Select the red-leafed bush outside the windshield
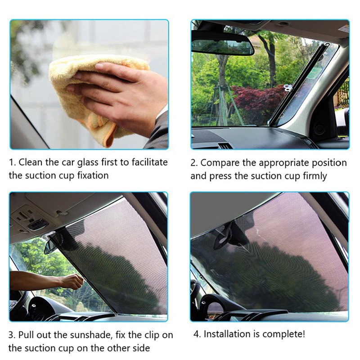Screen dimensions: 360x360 257,101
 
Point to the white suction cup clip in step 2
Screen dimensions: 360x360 288,88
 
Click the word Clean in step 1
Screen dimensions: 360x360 31,162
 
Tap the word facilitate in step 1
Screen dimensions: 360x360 150,162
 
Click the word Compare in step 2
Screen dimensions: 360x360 220,163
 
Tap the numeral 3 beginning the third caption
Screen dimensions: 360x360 11,335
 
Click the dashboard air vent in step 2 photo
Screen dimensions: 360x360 225,145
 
